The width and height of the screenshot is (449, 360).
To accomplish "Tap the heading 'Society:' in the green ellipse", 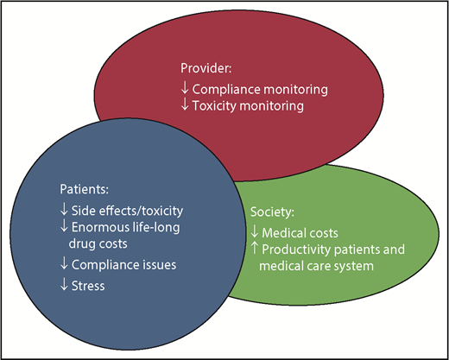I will coord(272,212).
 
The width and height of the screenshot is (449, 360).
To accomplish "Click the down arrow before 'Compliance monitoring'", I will coord(185,88).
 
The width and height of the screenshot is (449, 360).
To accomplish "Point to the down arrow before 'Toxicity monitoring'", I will coord(185,106).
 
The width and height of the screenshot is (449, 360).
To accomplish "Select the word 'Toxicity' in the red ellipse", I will coord(214,106).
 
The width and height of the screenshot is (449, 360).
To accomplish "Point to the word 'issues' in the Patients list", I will coord(144,265).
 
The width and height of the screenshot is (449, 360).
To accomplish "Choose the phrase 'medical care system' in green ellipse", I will coord(316,267).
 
